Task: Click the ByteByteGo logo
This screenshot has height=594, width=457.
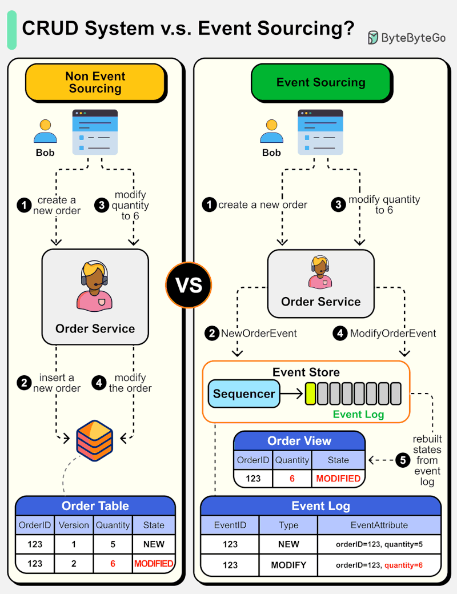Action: click(406, 38)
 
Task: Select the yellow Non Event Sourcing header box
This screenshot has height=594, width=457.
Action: click(95, 82)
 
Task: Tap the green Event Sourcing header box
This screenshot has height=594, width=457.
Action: click(320, 82)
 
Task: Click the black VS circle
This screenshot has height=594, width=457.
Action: click(189, 285)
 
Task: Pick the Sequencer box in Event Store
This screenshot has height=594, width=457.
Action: click(244, 394)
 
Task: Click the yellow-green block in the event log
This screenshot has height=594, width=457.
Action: click(310, 394)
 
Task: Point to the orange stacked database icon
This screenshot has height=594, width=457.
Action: click(95, 438)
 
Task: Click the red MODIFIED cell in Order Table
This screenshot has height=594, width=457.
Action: click(154, 563)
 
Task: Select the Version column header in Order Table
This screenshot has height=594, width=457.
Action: click(74, 525)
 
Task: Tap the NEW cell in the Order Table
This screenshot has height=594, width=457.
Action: click(154, 544)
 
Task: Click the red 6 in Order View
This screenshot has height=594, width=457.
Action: click(292, 478)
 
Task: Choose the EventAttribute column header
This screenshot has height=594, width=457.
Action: click(379, 525)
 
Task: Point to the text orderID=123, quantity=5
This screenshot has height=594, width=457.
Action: click(379, 544)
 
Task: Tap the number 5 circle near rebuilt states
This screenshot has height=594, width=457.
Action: click(403, 460)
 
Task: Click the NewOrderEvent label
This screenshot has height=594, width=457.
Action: click(259, 334)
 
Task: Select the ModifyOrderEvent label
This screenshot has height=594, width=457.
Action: click(393, 334)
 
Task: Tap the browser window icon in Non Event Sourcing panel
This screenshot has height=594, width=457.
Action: click(95, 132)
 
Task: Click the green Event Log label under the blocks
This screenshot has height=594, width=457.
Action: click(359, 414)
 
